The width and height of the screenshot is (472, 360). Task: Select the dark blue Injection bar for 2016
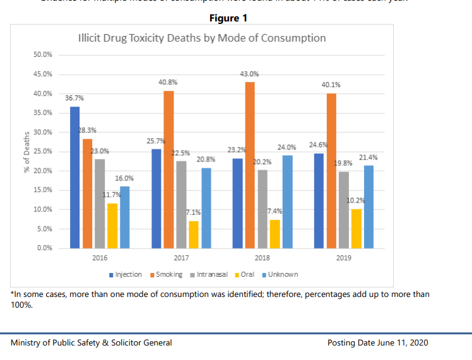click(x=74, y=177)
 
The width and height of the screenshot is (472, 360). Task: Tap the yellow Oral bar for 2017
click(x=194, y=235)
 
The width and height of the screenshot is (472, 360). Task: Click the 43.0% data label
click(x=250, y=74)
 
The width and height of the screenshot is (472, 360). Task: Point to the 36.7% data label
click(x=74, y=98)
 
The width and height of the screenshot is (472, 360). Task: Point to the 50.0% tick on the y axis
click(x=43, y=55)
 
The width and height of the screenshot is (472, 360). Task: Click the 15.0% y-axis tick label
click(x=43, y=190)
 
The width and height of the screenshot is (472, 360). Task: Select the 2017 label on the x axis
click(x=181, y=258)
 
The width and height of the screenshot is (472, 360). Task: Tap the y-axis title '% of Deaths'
click(x=26, y=151)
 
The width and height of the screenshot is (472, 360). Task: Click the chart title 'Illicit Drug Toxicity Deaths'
click(x=201, y=38)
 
